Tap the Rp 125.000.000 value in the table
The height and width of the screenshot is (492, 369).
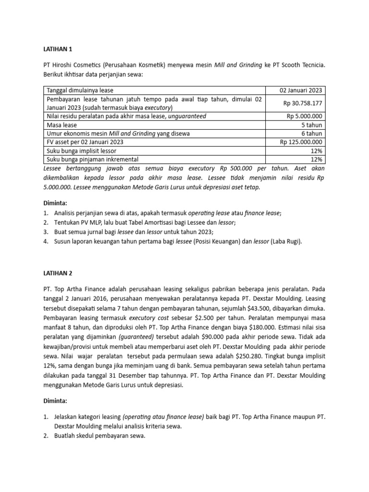[301, 142]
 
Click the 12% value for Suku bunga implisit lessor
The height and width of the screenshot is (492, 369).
[317, 150]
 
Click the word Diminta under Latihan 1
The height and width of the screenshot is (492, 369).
[55, 202]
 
